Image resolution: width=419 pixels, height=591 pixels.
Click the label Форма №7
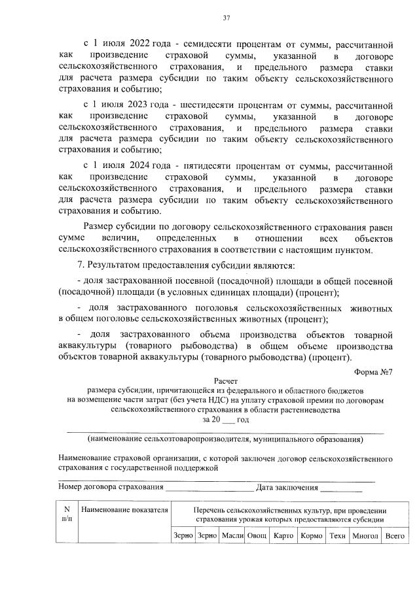click(373, 372)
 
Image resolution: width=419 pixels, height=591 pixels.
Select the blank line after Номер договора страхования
click(209, 487)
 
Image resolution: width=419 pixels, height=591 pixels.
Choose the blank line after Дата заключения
click(341, 487)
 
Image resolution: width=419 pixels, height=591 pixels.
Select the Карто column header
click(283, 535)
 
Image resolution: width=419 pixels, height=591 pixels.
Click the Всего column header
click(395, 535)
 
